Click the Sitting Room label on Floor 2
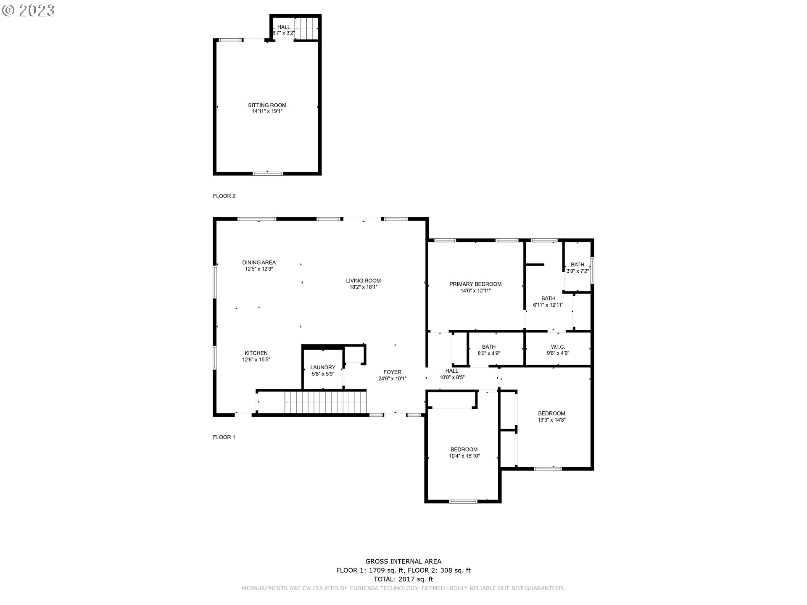[267, 105]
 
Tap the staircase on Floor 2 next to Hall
[306, 28]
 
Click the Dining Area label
[259, 263]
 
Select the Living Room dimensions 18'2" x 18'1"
[363, 287]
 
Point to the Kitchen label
[256, 353]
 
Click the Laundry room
[323, 370]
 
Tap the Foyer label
[392, 372]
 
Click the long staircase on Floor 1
[325, 402]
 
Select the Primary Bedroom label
[475, 284]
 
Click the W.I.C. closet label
[558, 347]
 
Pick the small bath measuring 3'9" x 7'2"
[578, 268]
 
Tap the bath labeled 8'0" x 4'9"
[488, 350]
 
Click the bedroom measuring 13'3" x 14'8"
[551, 416]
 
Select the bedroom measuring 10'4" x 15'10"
[464, 452]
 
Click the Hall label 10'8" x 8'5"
[452, 374]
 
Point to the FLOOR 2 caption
[224, 196]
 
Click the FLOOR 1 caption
[224, 437]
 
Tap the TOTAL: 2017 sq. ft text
[403, 579]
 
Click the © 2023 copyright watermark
[29, 11]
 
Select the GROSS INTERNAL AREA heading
[403, 561]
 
